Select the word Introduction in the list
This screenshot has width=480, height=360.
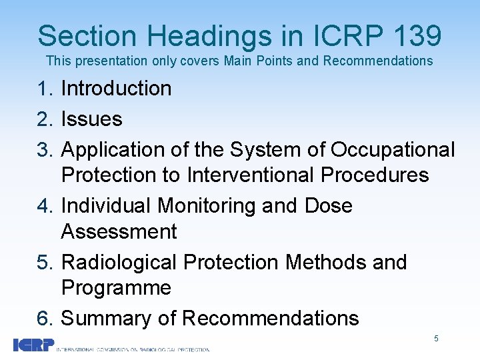click(116, 89)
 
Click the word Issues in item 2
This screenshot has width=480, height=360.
click(91, 119)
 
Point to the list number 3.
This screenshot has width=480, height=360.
click(45, 150)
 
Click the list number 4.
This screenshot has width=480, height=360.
click(45, 206)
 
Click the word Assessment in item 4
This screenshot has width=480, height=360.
click(119, 232)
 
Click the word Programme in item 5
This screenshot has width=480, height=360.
click(116, 288)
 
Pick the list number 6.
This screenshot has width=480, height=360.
click(45, 319)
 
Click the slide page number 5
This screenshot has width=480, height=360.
click(436, 339)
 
